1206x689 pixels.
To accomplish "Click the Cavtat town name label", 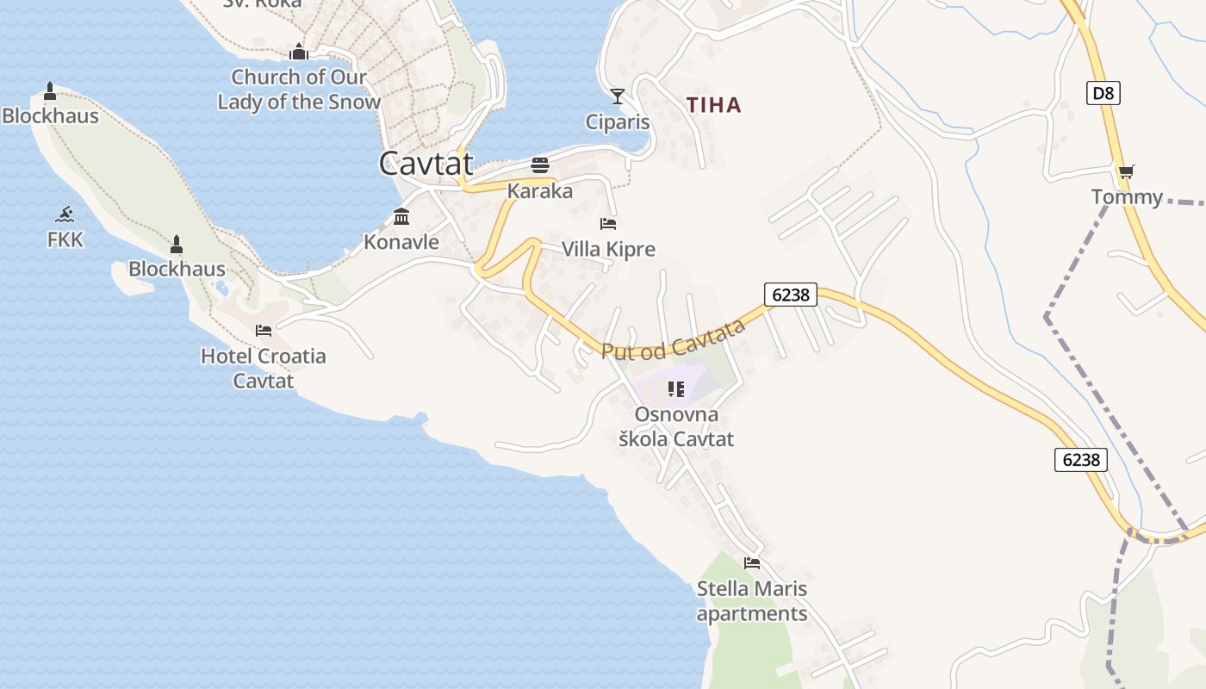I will (x=426, y=163).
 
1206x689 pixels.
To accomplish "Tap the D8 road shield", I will (x=1103, y=92).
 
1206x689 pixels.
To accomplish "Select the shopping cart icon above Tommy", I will (x=1126, y=171).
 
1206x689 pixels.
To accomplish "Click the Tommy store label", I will (x=1127, y=197).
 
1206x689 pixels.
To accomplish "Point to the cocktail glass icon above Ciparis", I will (x=618, y=96).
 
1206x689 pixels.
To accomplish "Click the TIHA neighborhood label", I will (x=713, y=105).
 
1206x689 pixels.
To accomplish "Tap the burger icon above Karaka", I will (x=540, y=165).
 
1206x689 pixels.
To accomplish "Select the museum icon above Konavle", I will (x=401, y=216).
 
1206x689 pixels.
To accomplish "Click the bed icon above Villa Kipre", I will (x=608, y=224).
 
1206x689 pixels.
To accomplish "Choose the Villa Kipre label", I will (x=608, y=250).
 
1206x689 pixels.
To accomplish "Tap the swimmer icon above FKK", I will (x=65, y=214).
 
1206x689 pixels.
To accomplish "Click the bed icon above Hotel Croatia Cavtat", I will (x=264, y=330).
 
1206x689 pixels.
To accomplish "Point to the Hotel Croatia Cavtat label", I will (x=264, y=368).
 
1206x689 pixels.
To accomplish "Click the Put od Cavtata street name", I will (x=673, y=339).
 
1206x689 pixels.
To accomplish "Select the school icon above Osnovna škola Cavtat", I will (x=676, y=389).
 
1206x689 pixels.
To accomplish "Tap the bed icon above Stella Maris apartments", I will (x=752, y=563).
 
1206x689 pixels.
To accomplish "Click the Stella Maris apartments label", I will (x=752, y=601).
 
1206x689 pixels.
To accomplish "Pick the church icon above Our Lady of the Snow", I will (x=299, y=52).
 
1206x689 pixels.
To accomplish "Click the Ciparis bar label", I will (x=618, y=121).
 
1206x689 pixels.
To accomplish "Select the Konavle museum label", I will (x=401, y=242).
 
